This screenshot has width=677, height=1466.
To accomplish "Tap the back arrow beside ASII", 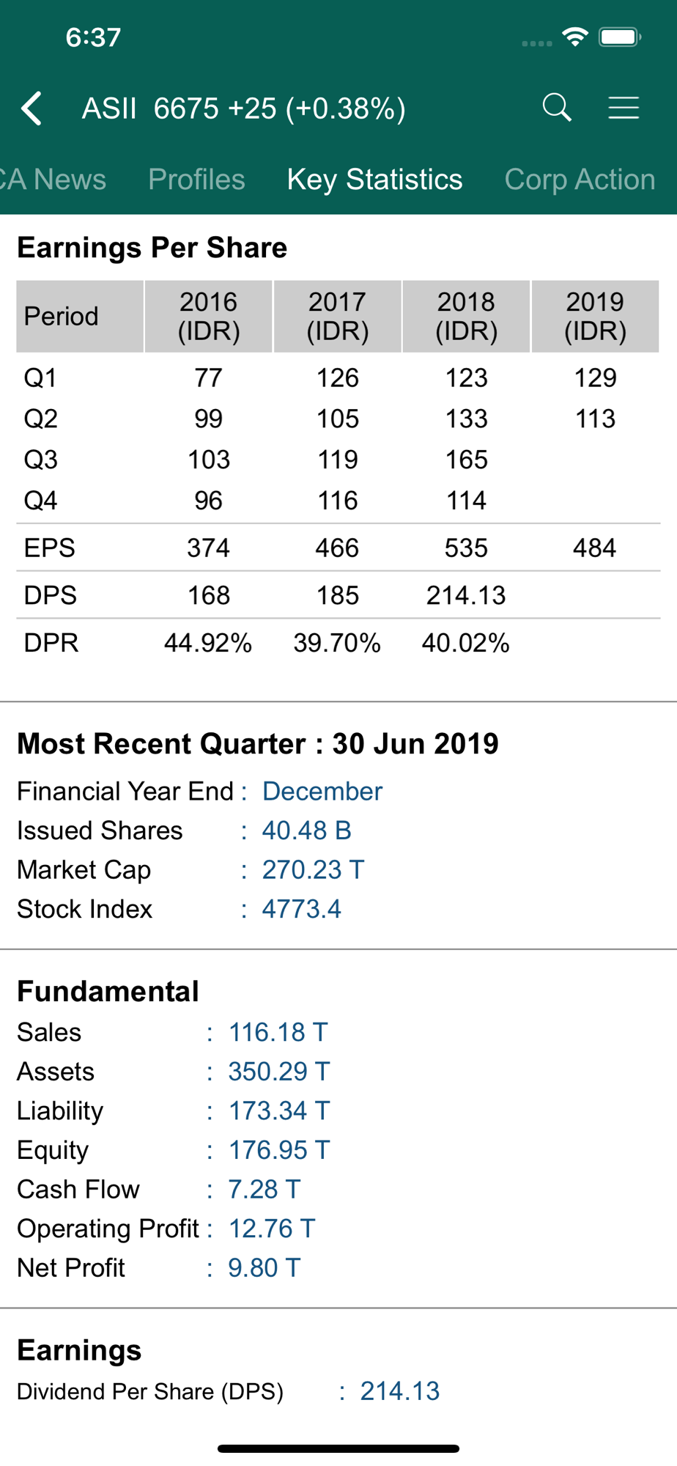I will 32,108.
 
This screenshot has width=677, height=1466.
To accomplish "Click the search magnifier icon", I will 557,108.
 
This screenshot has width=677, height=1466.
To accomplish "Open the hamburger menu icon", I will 624,108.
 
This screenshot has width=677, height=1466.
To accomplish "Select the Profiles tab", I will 196,180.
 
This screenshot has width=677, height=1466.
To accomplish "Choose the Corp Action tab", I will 580,180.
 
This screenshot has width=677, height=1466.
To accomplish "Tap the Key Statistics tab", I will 374,180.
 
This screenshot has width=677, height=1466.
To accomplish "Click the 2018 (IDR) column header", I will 466,316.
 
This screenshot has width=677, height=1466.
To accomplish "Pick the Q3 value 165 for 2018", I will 467,460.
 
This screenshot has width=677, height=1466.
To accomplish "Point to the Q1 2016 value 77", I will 209,377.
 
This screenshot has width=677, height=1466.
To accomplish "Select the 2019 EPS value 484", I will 594,548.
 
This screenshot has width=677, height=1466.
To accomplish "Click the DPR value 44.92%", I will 208,643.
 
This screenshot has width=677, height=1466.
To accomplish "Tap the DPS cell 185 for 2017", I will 337,595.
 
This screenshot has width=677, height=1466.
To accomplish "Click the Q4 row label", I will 41,501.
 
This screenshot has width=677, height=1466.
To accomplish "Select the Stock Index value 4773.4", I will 302,909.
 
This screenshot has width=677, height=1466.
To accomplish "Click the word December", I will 322,791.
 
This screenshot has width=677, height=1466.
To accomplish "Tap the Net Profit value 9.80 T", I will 264,1267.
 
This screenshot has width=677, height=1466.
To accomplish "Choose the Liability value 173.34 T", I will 278,1110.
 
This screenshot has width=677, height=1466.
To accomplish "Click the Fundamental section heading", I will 108,991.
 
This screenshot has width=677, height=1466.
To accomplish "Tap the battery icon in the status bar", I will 620,37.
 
